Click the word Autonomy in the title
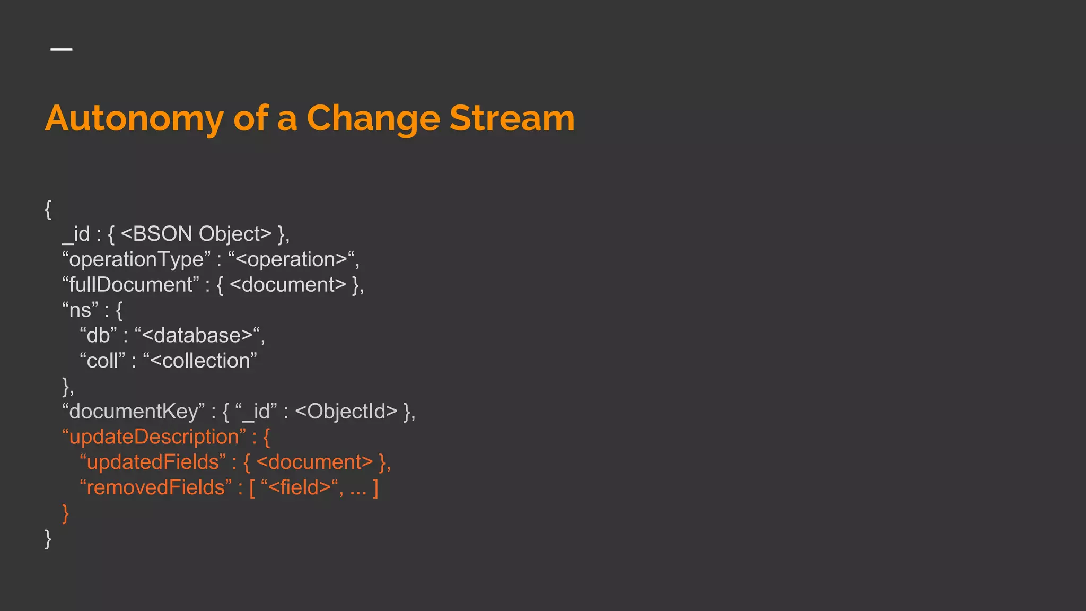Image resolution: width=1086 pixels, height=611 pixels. click(x=134, y=119)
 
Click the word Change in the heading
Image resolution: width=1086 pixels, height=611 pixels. click(x=373, y=119)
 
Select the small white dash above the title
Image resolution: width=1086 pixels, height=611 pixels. click(x=62, y=49)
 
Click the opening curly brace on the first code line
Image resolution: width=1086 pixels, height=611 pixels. click(x=48, y=209)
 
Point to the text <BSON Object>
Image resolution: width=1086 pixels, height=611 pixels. click(x=196, y=234)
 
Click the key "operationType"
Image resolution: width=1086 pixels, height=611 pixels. click(x=136, y=259)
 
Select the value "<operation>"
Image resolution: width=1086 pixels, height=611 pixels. click(x=291, y=259)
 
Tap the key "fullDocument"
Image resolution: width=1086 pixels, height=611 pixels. click(x=130, y=285)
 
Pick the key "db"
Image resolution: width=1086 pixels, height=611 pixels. click(x=98, y=335)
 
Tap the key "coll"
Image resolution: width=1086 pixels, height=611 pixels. click(x=102, y=361)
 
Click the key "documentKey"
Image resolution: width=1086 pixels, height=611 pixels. click(x=133, y=412)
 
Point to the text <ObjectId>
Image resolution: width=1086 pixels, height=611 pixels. click(x=346, y=412)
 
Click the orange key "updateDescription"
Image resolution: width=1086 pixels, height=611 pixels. click(x=154, y=437)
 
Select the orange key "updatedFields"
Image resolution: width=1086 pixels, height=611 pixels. click(x=153, y=462)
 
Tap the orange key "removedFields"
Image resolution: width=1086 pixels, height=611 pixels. click(x=155, y=488)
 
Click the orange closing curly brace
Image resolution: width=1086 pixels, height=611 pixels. click(x=65, y=513)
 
